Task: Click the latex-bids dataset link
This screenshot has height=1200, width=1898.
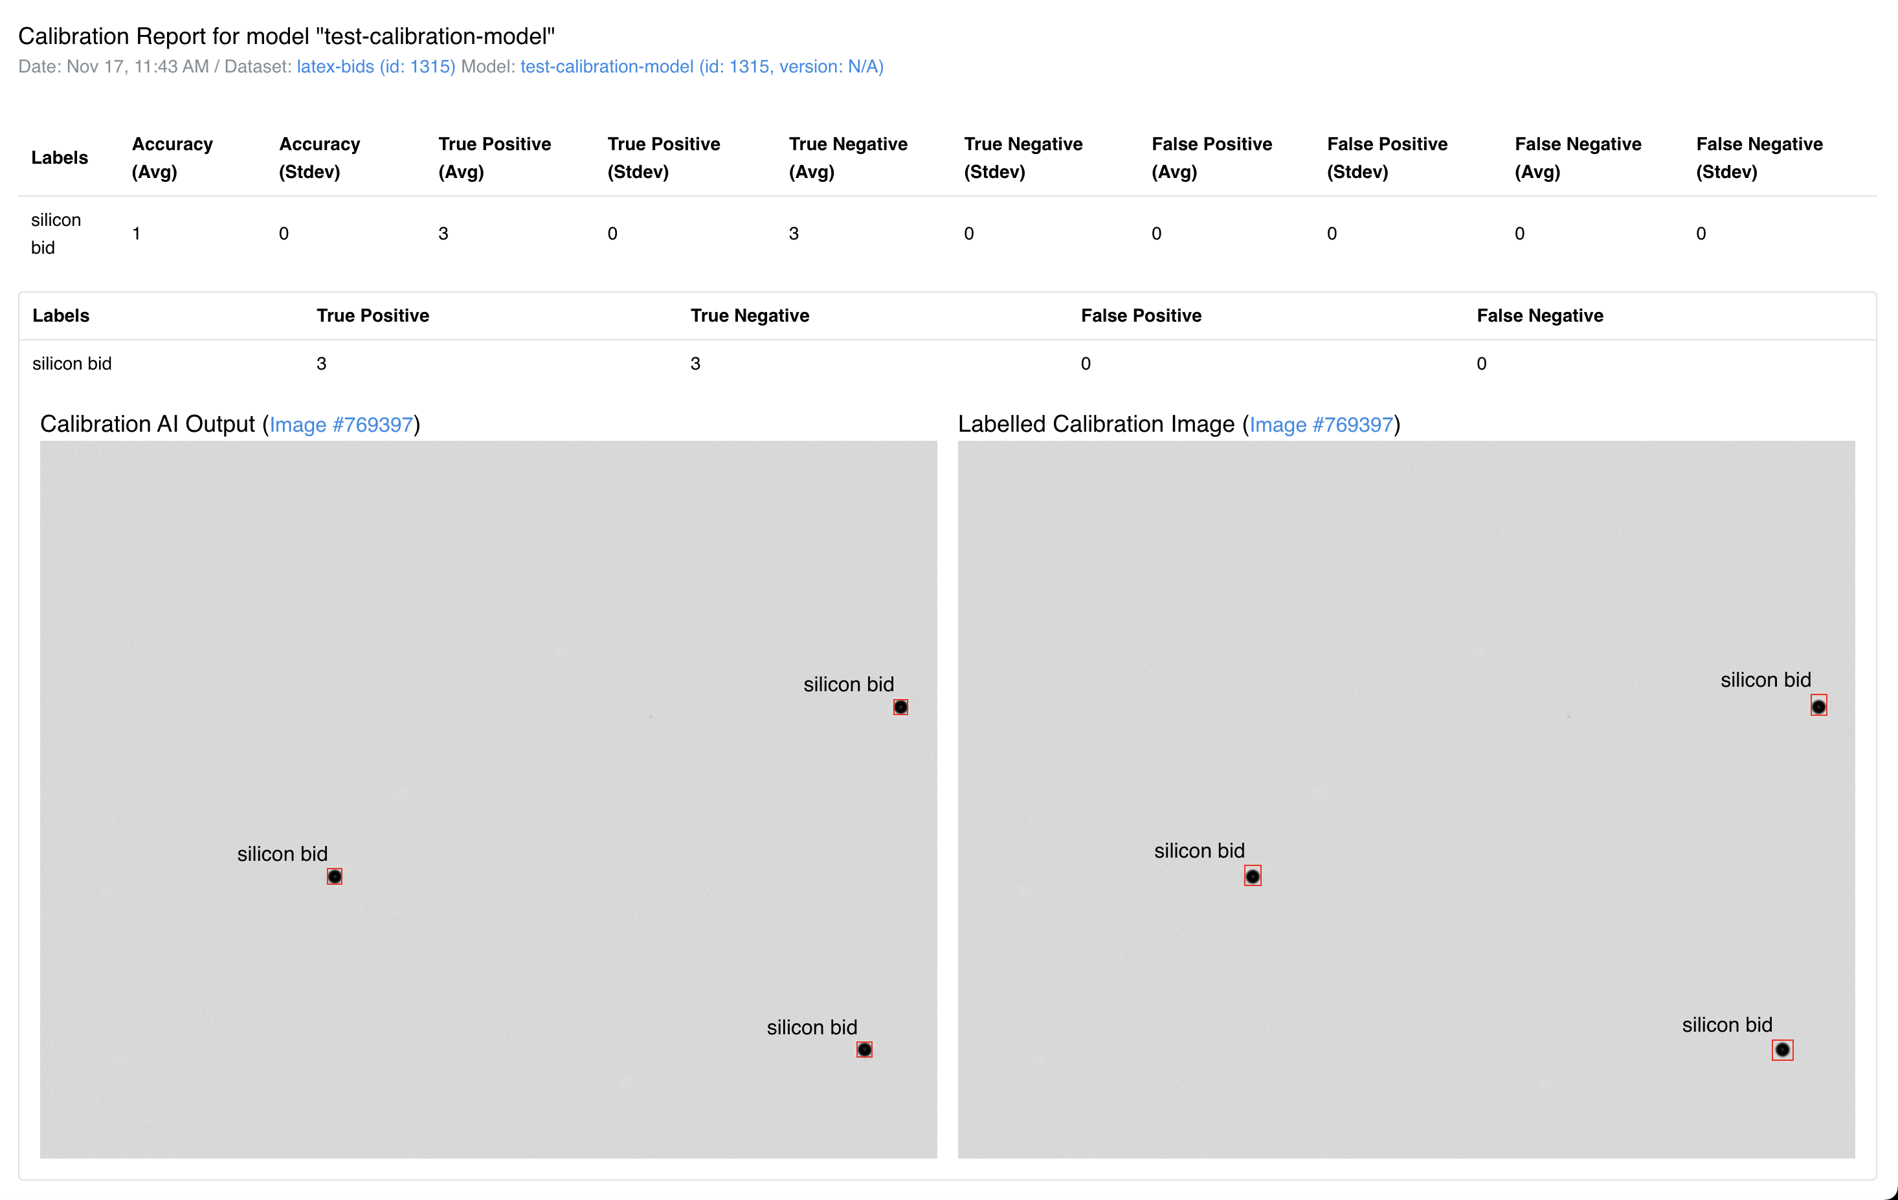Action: pyautogui.click(x=375, y=67)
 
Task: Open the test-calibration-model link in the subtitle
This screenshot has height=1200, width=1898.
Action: pyautogui.click(x=700, y=67)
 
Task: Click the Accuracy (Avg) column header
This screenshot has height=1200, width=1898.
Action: pyautogui.click(x=172, y=157)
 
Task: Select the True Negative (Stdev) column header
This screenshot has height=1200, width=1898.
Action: pyautogui.click(x=1022, y=157)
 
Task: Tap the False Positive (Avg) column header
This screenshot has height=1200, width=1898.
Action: pyautogui.click(x=1211, y=157)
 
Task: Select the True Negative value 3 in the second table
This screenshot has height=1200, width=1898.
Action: pyautogui.click(x=695, y=364)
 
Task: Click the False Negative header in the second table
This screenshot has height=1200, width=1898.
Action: pyautogui.click(x=1539, y=316)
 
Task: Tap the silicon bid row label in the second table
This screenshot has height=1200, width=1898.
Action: pyautogui.click(x=72, y=364)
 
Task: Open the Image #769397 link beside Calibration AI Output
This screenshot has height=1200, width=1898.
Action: pyautogui.click(x=341, y=425)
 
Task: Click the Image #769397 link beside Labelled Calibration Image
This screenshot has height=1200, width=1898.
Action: pyautogui.click(x=1321, y=425)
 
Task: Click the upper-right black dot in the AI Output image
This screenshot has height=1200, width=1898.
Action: pyautogui.click(x=900, y=707)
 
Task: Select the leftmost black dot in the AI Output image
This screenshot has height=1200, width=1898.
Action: pyautogui.click(x=334, y=876)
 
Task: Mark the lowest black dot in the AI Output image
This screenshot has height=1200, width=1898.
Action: pyautogui.click(x=864, y=1049)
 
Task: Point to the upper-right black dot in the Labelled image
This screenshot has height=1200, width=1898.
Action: pyautogui.click(x=1818, y=706)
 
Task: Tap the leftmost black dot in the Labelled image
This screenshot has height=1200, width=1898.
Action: pyautogui.click(x=1253, y=876)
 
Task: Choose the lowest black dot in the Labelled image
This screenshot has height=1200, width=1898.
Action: pyautogui.click(x=1782, y=1049)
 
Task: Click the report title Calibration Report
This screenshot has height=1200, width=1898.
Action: pyautogui.click(x=286, y=36)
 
